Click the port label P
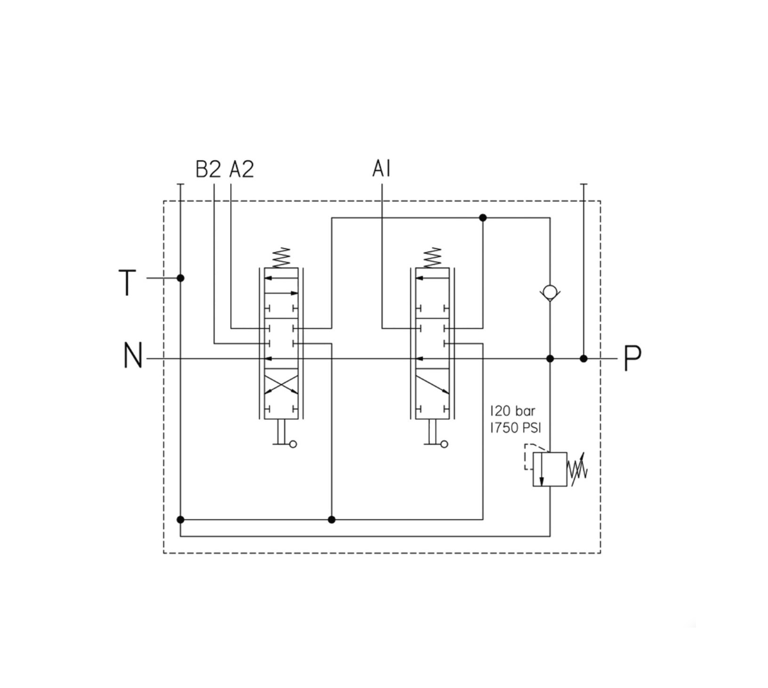coord(632,358)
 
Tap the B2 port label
coord(208,170)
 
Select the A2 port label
coord(242,170)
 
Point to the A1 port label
coord(381,169)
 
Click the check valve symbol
coord(549,293)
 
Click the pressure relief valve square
coord(549,469)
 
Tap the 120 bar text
coord(512,410)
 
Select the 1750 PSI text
coord(517,427)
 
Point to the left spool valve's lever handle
coord(283,443)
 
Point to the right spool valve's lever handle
coord(435,443)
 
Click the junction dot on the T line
coord(181,278)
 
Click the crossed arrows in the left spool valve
coord(281,384)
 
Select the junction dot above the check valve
coord(483,218)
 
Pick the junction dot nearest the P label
coord(584,358)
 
